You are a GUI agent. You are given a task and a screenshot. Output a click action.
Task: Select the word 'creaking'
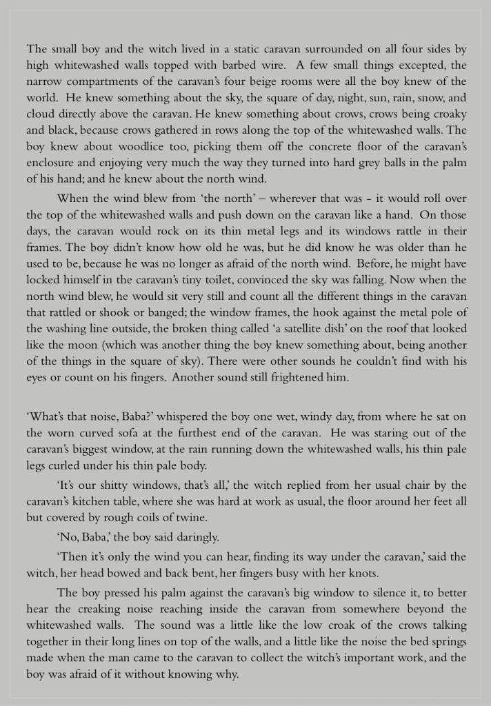click(x=96, y=609)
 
